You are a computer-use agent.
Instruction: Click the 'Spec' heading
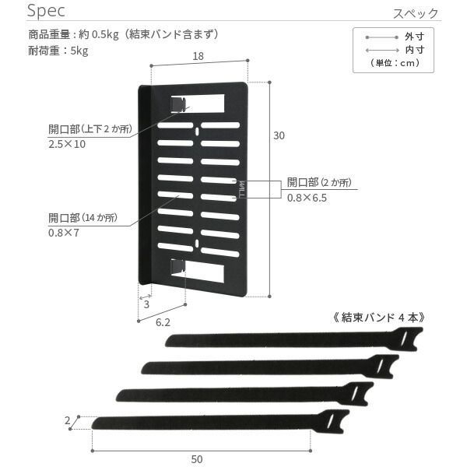click(x=46, y=11)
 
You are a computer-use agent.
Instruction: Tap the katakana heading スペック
click(x=416, y=13)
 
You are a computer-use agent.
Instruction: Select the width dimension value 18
click(x=198, y=56)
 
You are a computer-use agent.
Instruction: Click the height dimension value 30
click(x=279, y=135)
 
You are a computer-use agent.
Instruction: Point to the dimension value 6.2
click(x=163, y=322)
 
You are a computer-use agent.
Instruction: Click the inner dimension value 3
click(x=146, y=304)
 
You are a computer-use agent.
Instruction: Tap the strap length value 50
click(x=197, y=459)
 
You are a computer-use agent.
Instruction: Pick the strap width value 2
click(x=68, y=420)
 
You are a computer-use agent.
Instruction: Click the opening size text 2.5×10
click(x=67, y=144)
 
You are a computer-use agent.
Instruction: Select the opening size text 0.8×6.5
click(x=307, y=198)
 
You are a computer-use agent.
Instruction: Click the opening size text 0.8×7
click(x=64, y=233)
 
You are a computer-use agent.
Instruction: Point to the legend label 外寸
click(x=414, y=37)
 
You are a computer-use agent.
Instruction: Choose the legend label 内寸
click(x=414, y=50)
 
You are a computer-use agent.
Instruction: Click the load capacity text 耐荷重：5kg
click(x=58, y=51)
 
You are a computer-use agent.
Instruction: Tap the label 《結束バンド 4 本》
click(x=378, y=318)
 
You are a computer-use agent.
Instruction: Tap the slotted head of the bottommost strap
click(x=332, y=421)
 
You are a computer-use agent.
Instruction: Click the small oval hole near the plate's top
click(x=197, y=131)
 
